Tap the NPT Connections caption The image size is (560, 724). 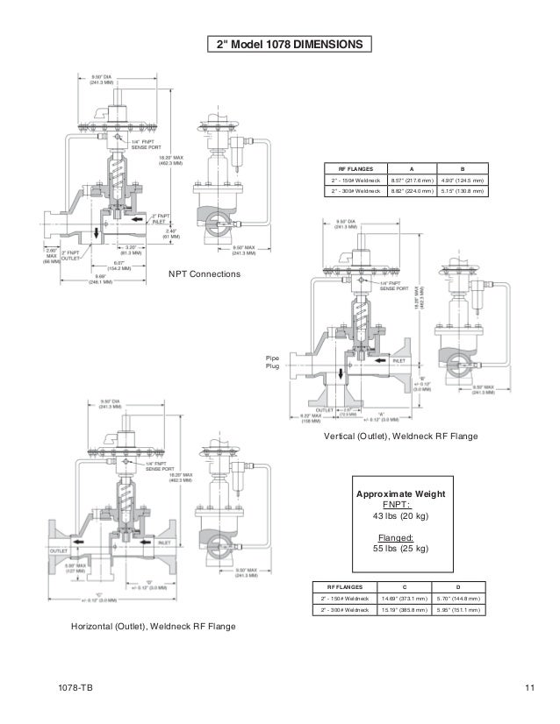(204, 274)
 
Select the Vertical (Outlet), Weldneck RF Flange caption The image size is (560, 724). (401, 436)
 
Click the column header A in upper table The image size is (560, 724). (413, 168)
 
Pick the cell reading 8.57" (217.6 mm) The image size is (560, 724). (413, 181)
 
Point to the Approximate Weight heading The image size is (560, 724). (400, 494)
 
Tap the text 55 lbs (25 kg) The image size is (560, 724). (400, 549)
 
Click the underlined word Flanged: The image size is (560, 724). (400, 537)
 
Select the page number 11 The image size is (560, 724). (530, 690)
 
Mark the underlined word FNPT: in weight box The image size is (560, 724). (400, 505)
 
